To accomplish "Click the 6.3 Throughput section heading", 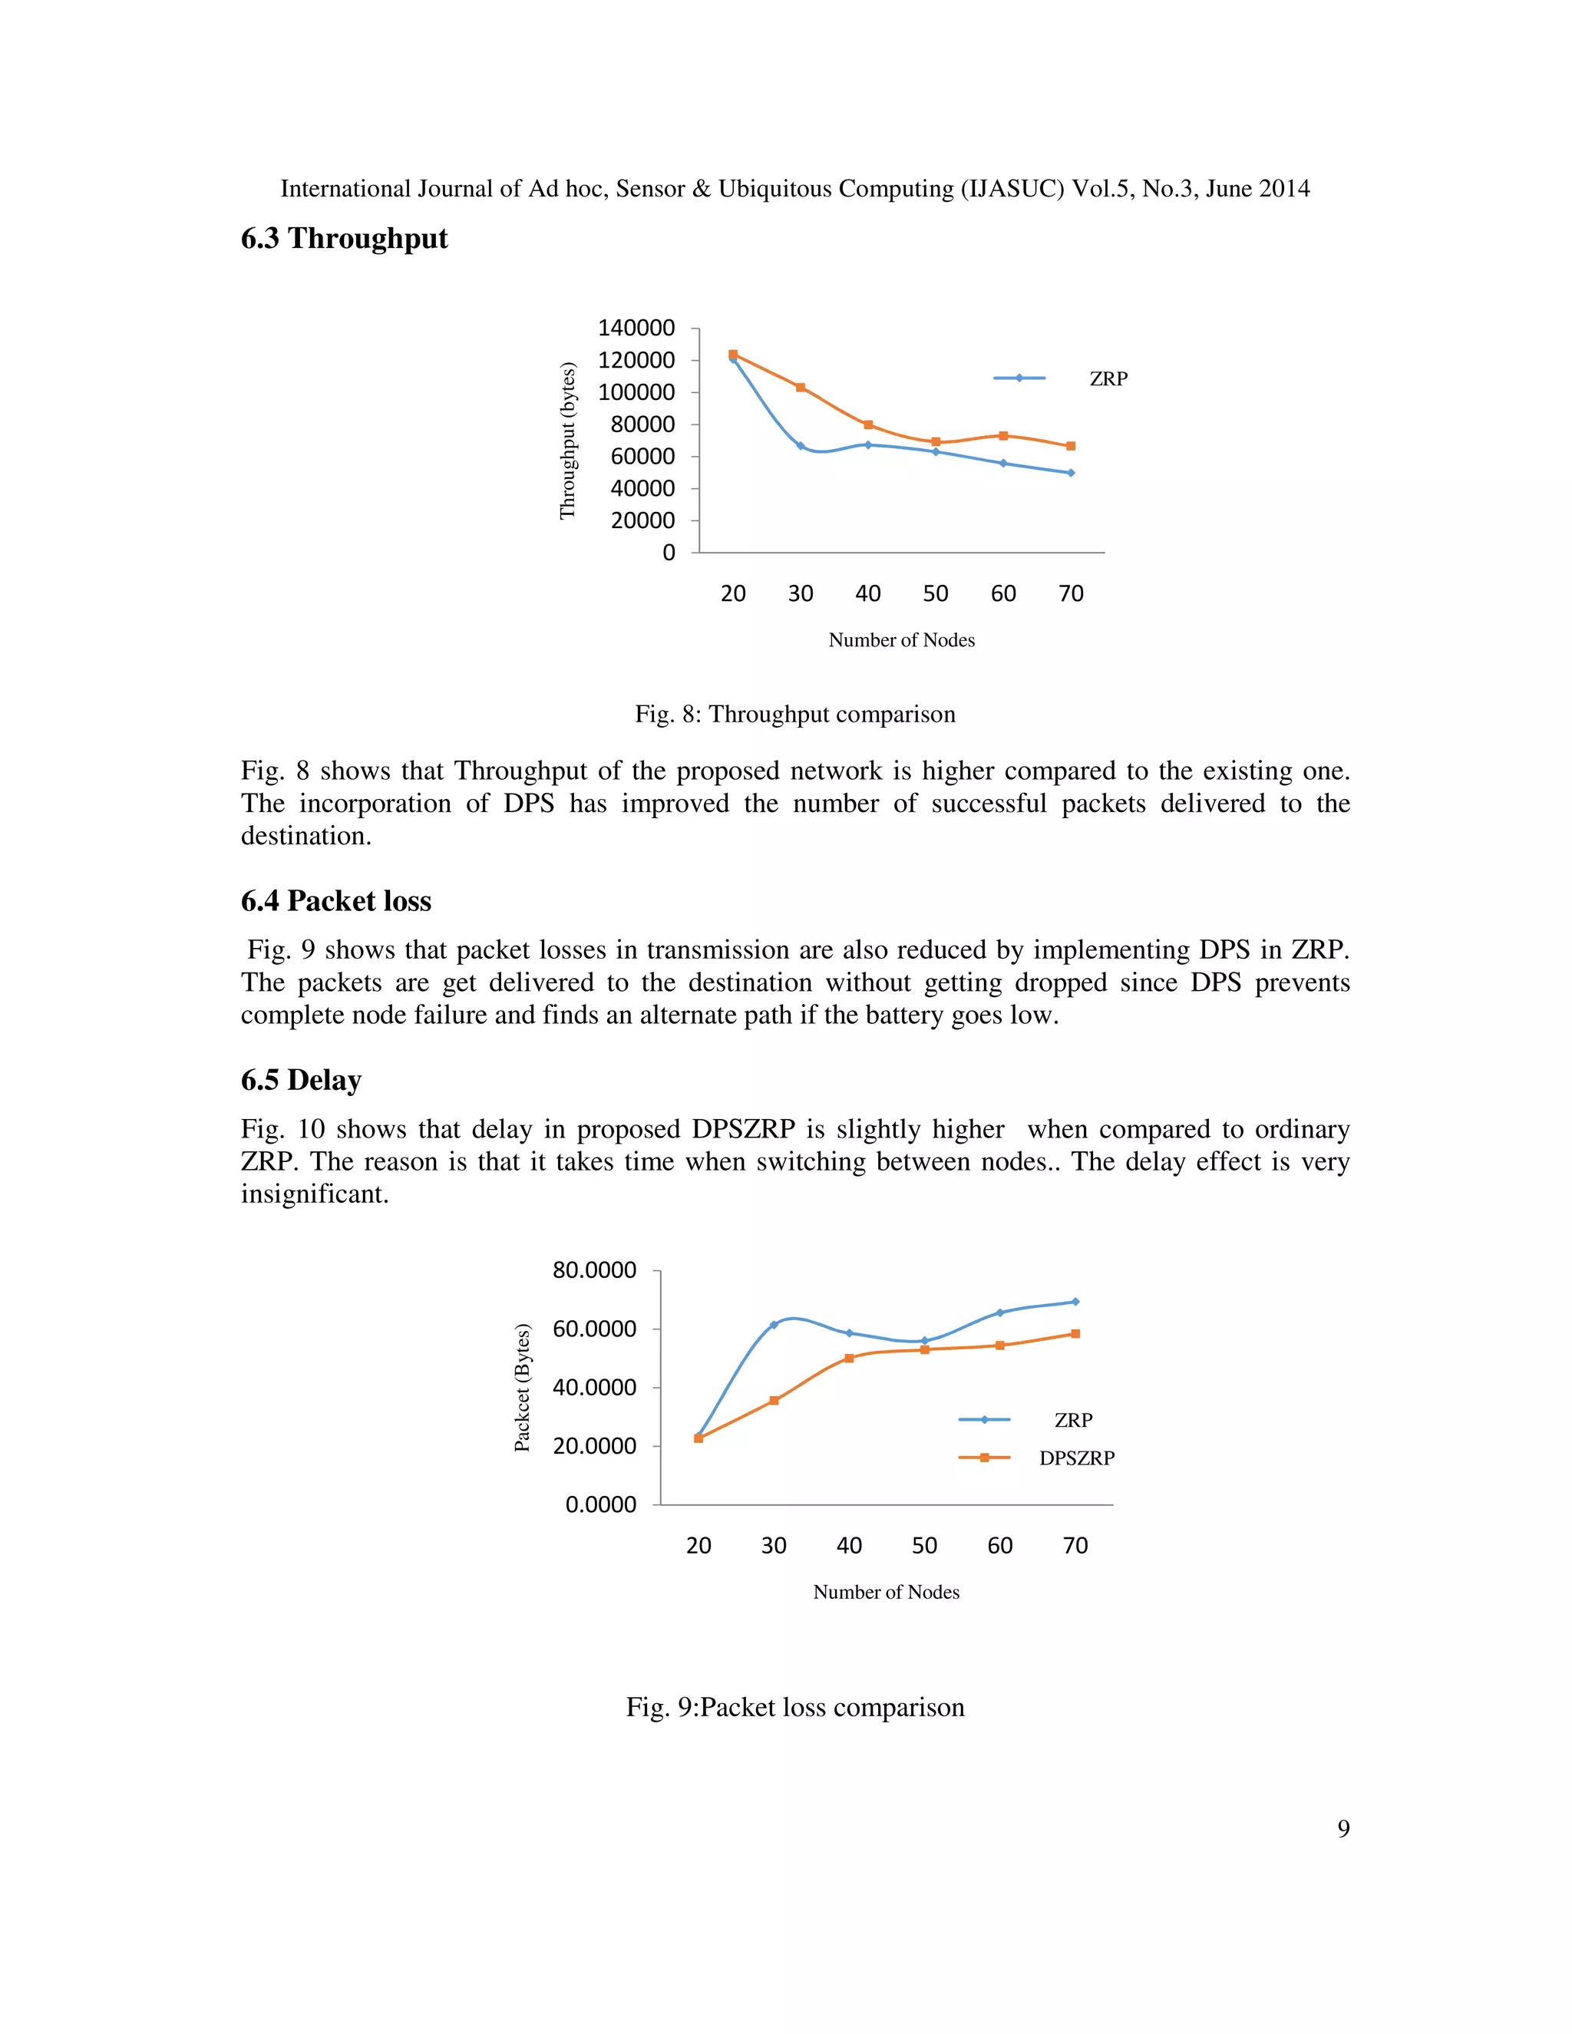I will coord(344,239).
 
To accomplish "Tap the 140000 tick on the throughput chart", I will coord(636,328).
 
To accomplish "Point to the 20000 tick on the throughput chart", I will coord(642,520).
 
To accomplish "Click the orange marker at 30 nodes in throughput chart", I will coord(800,388).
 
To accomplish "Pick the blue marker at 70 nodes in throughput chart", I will coord(1071,473).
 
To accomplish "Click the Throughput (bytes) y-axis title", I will coord(567,441).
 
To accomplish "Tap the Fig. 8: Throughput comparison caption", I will coord(794,715).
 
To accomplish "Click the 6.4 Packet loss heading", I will coord(336,902).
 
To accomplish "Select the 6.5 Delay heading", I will coord(301,1081).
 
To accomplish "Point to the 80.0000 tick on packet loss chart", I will coord(594,1270).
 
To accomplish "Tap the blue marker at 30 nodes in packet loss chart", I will coord(774,1324).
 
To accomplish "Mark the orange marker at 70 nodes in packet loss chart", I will coord(1075,1334).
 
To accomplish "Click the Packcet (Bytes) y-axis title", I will coord(523,1387).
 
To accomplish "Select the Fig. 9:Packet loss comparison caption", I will coord(794,1707).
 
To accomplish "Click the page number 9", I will coord(1343,1829).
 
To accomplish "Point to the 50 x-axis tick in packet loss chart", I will coord(924,1546).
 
